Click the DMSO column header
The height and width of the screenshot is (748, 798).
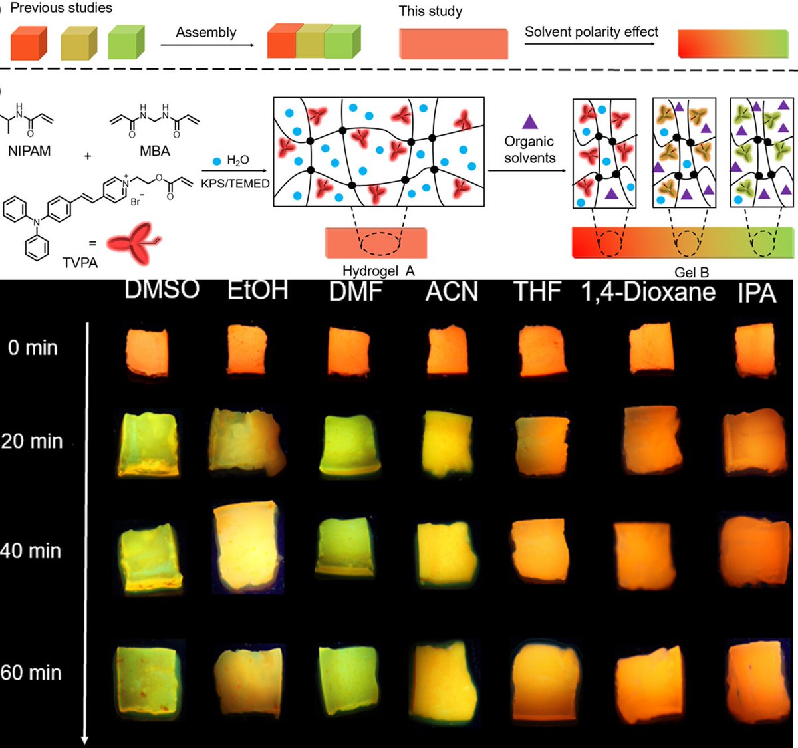click(162, 290)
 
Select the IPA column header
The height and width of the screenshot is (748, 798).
click(757, 293)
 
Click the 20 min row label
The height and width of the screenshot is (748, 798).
click(32, 441)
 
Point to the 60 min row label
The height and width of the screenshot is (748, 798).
click(31, 672)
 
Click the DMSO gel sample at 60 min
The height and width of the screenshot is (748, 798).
click(147, 681)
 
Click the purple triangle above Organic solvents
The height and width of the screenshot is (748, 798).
click(529, 122)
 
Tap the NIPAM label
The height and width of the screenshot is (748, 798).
click(29, 151)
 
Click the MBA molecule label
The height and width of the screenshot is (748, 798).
click(154, 151)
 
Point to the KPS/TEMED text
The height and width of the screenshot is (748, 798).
click(235, 183)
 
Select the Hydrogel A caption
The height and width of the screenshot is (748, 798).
click(378, 271)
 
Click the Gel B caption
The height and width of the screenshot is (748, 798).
click(692, 272)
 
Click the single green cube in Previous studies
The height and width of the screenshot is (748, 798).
click(126, 42)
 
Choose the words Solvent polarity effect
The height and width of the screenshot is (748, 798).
click(591, 31)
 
